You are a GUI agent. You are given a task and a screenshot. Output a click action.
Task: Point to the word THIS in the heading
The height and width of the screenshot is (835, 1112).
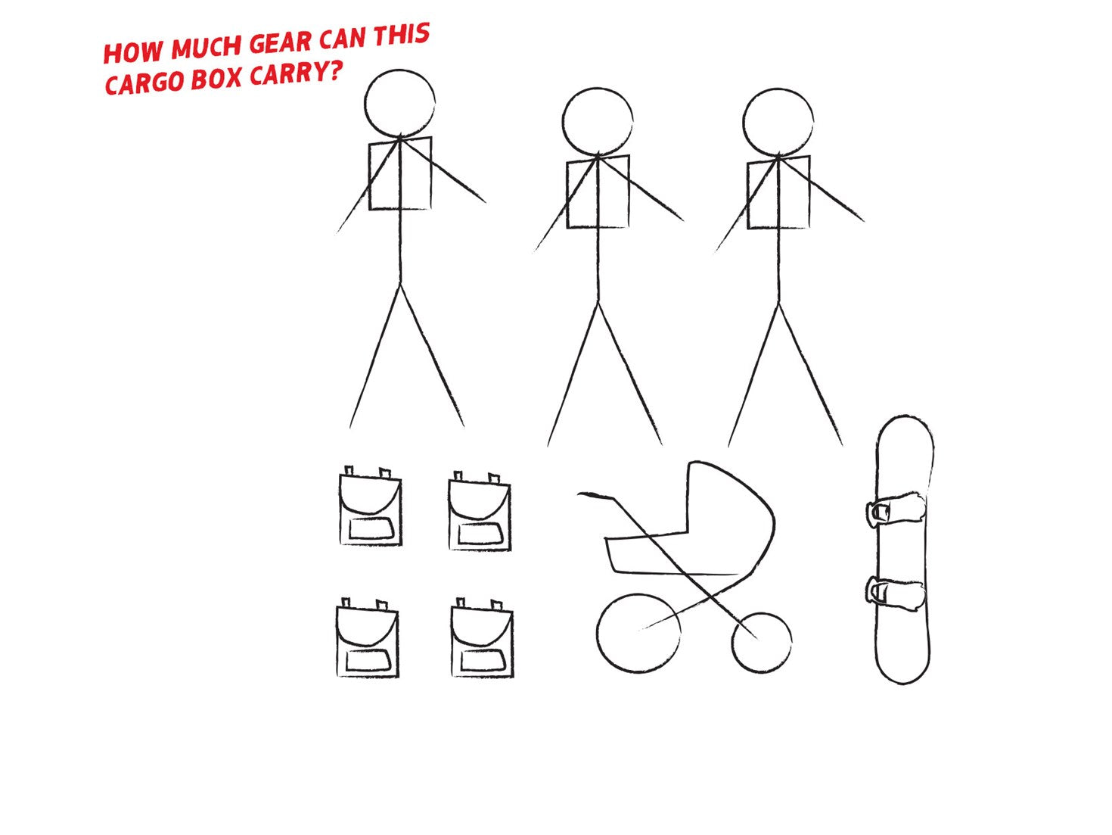point(401,34)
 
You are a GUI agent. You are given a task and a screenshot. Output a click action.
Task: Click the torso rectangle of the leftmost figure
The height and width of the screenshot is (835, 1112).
point(369,173)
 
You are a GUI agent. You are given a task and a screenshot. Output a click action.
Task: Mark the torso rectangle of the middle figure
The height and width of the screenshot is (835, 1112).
point(567,192)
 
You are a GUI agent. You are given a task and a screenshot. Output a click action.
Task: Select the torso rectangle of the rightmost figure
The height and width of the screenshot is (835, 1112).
point(747,192)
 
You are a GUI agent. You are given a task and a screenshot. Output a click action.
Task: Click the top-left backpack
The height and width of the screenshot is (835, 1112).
point(371,507)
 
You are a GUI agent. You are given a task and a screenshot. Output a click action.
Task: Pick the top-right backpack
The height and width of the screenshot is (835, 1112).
point(480,512)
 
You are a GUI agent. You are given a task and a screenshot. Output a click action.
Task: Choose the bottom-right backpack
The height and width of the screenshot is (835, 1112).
point(482,638)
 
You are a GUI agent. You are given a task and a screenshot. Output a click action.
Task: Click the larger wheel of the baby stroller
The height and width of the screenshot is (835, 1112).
point(598,634)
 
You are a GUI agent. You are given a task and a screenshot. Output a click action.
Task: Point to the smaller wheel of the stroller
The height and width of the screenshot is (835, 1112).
point(732,643)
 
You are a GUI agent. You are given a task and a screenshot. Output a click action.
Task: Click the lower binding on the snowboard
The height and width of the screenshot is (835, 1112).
point(895,594)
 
